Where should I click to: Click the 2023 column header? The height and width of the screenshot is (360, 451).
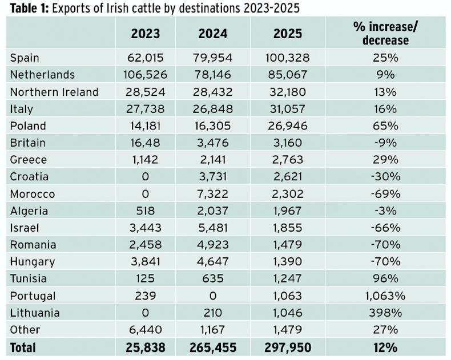click(x=145, y=34)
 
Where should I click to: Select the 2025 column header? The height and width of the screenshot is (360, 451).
click(x=288, y=34)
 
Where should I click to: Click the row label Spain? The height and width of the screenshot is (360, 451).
click(x=25, y=58)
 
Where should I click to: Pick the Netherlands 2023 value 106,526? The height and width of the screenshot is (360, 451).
click(x=145, y=75)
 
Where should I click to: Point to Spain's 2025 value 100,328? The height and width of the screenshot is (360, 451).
click(x=288, y=58)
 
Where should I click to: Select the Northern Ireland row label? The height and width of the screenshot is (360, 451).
click(x=54, y=92)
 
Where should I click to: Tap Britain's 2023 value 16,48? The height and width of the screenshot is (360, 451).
click(x=145, y=143)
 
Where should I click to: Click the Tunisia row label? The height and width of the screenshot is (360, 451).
click(x=29, y=279)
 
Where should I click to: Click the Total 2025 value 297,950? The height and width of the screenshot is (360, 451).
click(x=288, y=347)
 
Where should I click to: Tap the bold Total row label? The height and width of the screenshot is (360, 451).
click(x=23, y=347)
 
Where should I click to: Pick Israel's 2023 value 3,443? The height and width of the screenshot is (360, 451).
click(x=145, y=228)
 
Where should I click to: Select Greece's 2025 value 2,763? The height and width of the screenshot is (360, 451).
click(x=288, y=160)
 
